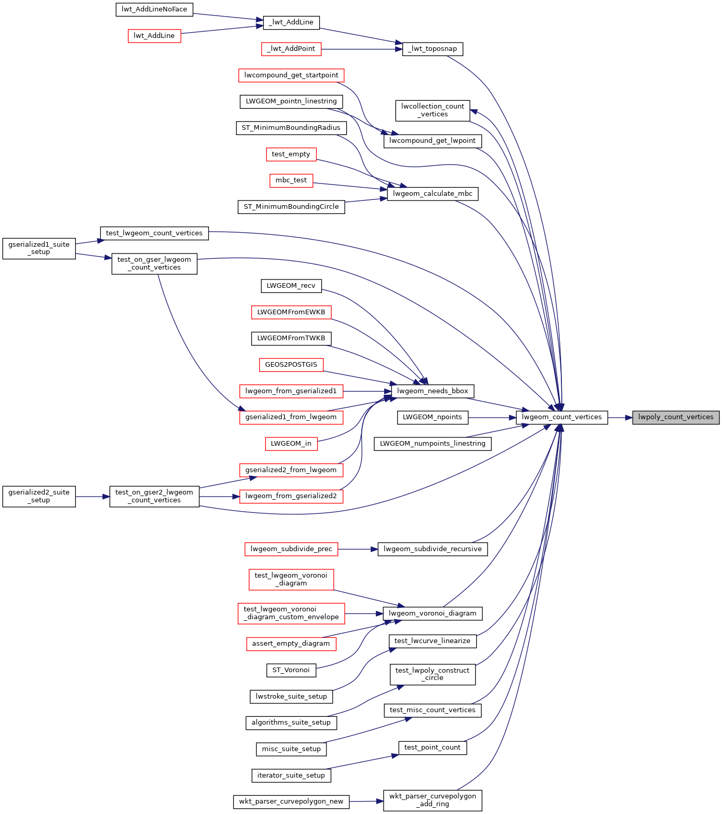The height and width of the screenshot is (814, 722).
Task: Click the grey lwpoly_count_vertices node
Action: click(x=676, y=417)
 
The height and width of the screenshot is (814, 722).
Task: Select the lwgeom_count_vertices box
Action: click(x=562, y=417)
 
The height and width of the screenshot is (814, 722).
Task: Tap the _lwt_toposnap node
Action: click(x=432, y=49)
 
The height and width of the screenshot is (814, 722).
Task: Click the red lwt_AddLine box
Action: click(x=154, y=36)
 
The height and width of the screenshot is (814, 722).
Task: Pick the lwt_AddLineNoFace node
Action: click(x=154, y=9)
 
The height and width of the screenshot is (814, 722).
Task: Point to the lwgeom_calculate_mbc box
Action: click(x=432, y=194)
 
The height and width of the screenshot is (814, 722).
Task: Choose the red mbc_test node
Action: click(x=291, y=180)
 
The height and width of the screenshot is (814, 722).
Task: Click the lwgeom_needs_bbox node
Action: click(x=432, y=391)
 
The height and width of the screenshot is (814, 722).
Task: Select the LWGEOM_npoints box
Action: click(x=432, y=417)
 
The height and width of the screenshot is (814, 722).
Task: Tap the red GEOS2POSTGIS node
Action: click(x=291, y=365)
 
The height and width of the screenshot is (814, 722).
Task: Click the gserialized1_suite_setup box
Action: click(x=39, y=248)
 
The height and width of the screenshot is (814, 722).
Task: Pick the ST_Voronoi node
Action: click(x=291, y=670)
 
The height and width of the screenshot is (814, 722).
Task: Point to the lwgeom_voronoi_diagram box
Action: click(x=432, y=613)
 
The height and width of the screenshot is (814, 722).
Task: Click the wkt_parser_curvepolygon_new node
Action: click(x=291, y=802)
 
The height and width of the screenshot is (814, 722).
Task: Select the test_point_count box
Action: click(x=432, y=748)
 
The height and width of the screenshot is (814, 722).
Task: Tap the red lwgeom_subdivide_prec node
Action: click(x=291, y=549)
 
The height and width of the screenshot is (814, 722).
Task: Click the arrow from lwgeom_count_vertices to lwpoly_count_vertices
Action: click(x=620, y=417)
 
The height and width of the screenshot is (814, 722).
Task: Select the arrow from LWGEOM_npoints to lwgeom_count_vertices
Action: click(x=492, y=417)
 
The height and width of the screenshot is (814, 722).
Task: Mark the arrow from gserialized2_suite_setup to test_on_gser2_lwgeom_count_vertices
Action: click(x=93, y=497)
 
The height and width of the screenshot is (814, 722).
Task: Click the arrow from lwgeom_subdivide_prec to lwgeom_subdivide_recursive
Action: click(x=358, y=549)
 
